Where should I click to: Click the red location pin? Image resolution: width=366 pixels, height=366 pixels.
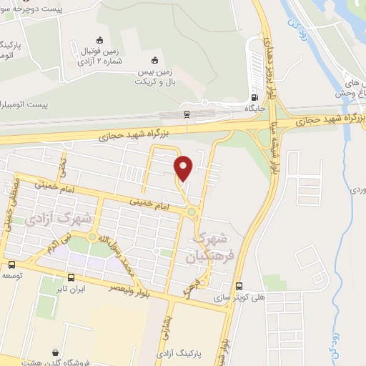click(x=184, y=168)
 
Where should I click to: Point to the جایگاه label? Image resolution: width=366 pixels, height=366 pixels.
click(x=255, y=109)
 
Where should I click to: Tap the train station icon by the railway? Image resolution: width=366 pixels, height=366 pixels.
click(x=187, y=113)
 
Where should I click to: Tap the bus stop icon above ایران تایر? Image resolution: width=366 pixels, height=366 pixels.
click(x=71, y=277)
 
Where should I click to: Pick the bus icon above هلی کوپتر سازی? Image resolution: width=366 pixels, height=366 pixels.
click(x=239, y=284)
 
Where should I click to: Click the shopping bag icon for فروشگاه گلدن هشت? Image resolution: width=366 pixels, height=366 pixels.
click(x=56, y=352)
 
